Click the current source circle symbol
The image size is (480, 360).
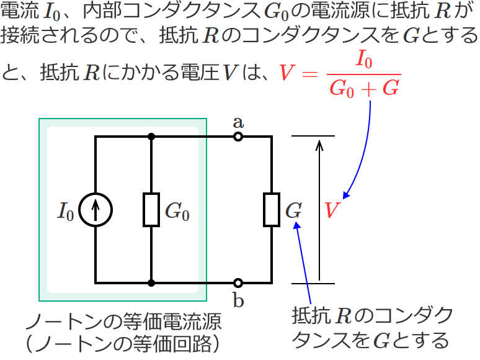[x=96, y=210]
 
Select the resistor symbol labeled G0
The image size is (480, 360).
[x=152, y=210]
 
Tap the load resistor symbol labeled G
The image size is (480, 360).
[x=272, y=210]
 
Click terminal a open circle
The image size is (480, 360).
[x=238, y=137]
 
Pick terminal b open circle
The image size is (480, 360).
[x=238, y=283]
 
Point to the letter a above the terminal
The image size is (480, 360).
[x=238, y=121]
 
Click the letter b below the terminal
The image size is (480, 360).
[x=238, y=300]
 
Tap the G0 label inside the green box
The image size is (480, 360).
[x=177, y=212]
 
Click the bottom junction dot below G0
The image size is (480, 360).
[x=152, y=283]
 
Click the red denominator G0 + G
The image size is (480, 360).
[x=364, y=89]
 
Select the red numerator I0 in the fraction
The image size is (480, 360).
[x=364, y=61]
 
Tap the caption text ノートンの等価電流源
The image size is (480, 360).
[x=122, y=323]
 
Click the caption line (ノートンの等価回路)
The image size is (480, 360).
[x=122, y=343]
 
